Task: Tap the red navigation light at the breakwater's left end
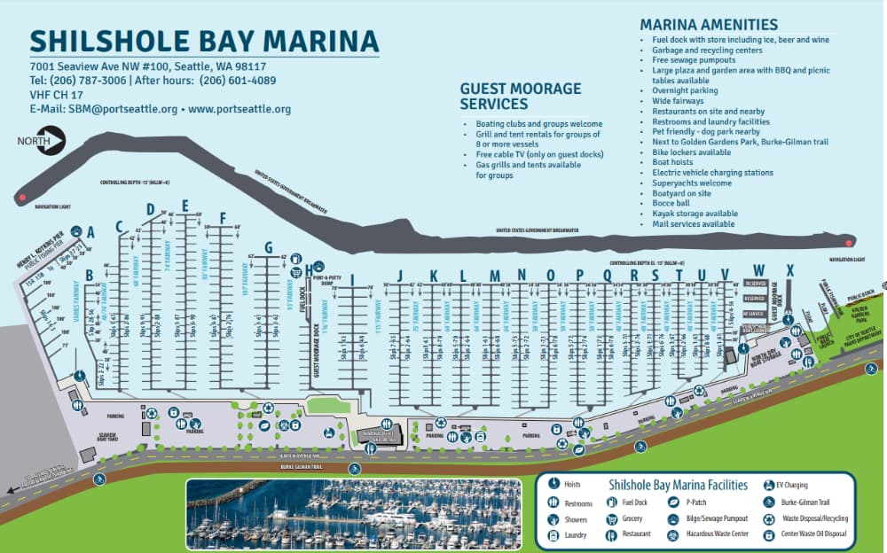coord(20,196)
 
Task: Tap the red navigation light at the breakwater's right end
coord(849,242)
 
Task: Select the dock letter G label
coord(268,247)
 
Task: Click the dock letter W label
coord(758,269)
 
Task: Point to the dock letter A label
coord(90,232)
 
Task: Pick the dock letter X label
coord(789,269)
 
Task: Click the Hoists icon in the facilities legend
coord(553,485)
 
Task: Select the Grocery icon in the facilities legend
coord(611,518)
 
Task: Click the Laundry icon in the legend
coord(553,535)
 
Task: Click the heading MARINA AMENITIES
coord(708,25)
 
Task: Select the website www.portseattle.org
coord(239,110)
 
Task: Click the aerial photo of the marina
coord(353,513)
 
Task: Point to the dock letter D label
coord(150,209)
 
